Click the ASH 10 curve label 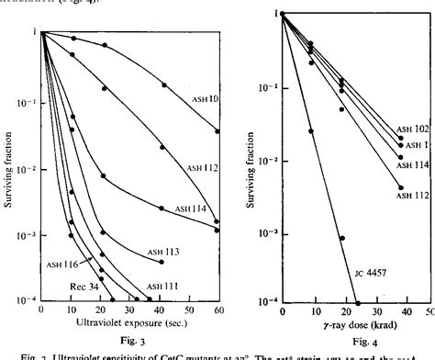(204, 96)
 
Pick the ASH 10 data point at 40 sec (164, 84)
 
